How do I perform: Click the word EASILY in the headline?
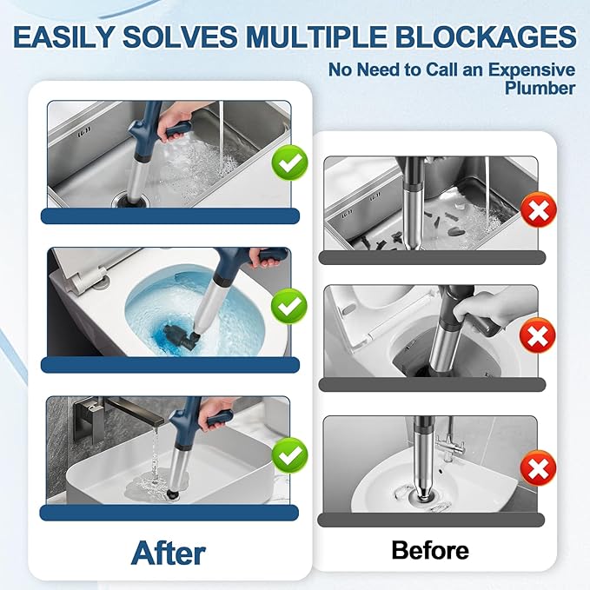tap(68, 37)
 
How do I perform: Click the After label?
tap(168, 551)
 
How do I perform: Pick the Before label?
tap(430, 549)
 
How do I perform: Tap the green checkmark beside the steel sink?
tap(287, 162)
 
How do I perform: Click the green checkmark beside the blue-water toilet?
tap(287, 306)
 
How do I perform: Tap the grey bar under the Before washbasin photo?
tap(430, 520)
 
